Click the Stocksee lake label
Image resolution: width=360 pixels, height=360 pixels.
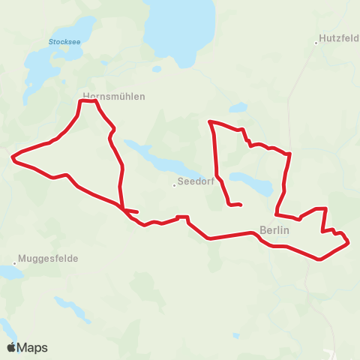[x=64, y=42]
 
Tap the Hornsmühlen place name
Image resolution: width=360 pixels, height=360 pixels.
[x=113, y=96]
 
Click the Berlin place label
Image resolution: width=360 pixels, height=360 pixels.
[x=273, y=230]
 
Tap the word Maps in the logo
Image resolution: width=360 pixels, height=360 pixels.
[x=32, y=347]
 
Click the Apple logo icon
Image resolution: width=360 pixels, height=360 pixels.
[x=11, y=346]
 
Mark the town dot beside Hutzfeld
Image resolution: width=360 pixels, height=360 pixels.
[x=316, y=43]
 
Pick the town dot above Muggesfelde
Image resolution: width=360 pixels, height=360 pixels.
[x=14, y=264]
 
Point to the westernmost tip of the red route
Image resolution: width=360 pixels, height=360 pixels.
[x=12, y=157]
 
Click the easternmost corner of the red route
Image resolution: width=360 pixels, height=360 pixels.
[x=349, y=242]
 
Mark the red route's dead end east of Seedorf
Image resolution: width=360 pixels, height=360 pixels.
[x=240, y=204]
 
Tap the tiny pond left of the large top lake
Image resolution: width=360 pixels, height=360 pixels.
[x=156, y=69]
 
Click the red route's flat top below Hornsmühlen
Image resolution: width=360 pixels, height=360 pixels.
[x=88, y=101]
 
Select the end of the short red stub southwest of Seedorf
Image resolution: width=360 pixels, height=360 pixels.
[x=137, y=211]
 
